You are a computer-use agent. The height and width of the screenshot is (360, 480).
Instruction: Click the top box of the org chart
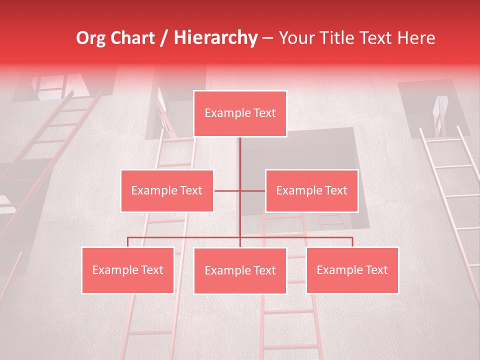[x=240, y=113]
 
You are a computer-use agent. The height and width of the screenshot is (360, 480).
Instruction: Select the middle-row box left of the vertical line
[x=167, y=190]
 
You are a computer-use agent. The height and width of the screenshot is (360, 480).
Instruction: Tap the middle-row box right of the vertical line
[x=311, y=190]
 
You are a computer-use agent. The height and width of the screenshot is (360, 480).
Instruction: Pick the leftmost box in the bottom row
[x=128, y=270]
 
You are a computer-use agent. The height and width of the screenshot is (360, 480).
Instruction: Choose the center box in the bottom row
[x=240, y=270]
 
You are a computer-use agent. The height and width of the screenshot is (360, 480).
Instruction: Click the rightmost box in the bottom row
[x=352, y=270]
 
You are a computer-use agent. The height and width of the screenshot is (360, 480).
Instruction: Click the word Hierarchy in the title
[x=215, y=38]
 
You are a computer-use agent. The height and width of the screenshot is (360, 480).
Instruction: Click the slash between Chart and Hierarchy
[x=163, y=38]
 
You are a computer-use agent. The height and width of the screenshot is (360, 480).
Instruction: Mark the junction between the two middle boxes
[x=240, y=190]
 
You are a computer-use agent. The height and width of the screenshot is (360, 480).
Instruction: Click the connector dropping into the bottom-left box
[x=128, y=242]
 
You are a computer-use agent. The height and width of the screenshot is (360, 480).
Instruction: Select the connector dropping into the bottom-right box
[x=352, y=242]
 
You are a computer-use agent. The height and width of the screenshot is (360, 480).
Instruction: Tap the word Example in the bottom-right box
[x=337, y=270]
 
